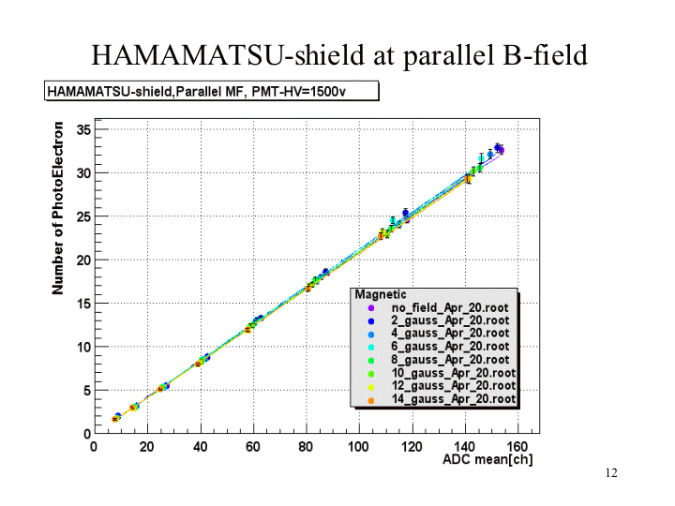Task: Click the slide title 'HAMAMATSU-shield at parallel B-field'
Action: [338, 54]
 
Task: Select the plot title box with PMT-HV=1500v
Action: [211, 91]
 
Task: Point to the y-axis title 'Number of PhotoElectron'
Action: [59, 208]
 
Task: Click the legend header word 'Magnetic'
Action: [380, 294]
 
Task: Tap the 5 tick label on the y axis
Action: [84, 390]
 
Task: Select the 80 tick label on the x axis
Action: [306, 446]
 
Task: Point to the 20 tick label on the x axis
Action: [146, 446]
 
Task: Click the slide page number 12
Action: [611, 474]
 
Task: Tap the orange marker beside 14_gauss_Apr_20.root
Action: [371, 399]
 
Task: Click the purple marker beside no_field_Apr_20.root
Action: [371, 307]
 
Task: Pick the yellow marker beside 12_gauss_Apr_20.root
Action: [371, 386]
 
